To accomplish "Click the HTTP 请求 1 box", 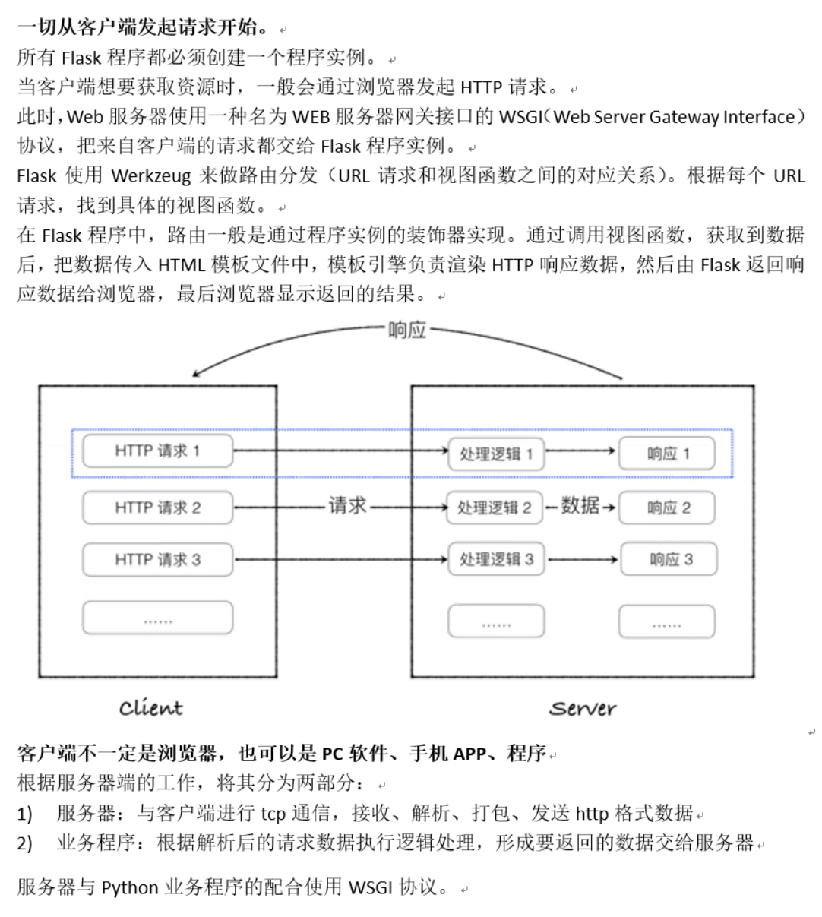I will [157, 451].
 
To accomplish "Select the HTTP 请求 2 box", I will [157, 508].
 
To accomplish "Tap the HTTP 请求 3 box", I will [157, 560].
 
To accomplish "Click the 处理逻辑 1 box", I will [496, 454].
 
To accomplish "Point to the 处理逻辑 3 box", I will [496, 560].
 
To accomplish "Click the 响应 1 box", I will [667, 454].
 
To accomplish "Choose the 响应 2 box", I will [667, 508].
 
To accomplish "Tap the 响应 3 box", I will [669, 560].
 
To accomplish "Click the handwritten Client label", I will [150, 708].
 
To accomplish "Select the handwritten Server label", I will [582, 708].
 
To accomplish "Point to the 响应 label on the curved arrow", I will [407, 330].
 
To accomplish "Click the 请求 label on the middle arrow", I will [347, 505].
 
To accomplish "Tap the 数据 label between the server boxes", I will [580, 505].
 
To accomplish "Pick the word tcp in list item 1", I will [273, 814].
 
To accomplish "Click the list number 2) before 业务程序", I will [25, 843].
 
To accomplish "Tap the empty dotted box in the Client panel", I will [157, 619].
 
